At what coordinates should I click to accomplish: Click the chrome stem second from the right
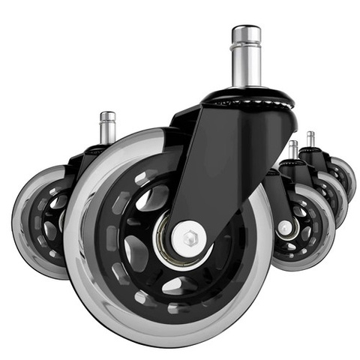click(292, 149)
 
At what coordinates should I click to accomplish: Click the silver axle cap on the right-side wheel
click(284, 226)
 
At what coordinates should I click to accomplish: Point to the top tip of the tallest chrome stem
click(245, 29)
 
